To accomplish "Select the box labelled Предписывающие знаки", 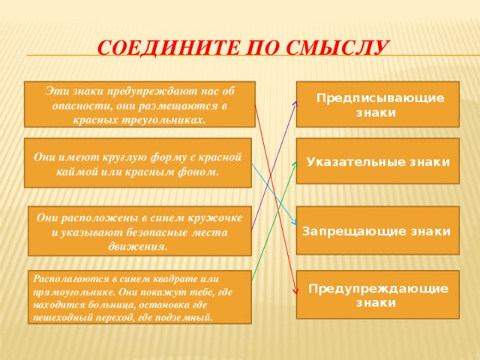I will [377, 104].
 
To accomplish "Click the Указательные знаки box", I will [377, 161].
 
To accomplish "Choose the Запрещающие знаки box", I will [377, 230].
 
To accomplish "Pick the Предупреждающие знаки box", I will [377, 294].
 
